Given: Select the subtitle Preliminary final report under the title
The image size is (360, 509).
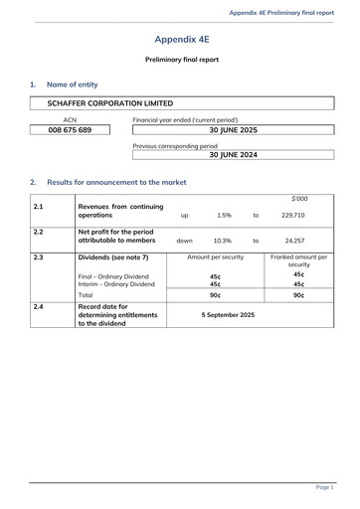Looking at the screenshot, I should (182, 60).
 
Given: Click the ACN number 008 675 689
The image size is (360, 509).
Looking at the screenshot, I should (71, 130).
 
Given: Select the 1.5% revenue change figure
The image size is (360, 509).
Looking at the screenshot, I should (224, 215).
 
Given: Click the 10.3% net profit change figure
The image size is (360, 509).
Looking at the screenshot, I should (223, 241).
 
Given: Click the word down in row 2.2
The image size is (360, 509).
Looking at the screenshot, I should (185, 241).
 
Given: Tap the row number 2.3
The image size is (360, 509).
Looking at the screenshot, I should (38, 256).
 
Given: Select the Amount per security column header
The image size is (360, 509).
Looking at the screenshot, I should (216, 256).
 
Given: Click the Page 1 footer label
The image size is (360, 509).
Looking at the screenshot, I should (324, 487).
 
